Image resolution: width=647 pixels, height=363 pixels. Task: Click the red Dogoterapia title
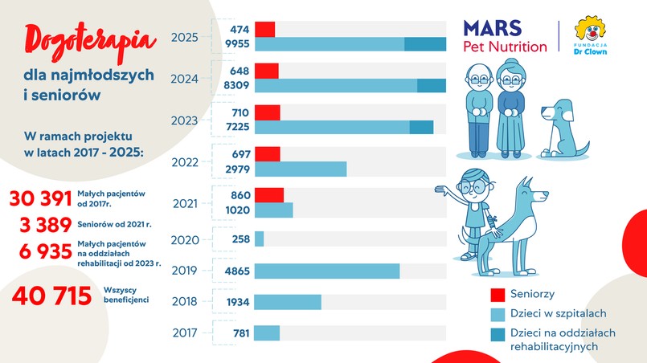[x=78, y=41]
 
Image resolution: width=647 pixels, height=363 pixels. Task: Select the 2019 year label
[x=186, y=271]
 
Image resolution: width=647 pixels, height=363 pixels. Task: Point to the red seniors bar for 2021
[x=269, y=195]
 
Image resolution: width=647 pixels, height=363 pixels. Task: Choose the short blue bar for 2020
[x=259, y=239]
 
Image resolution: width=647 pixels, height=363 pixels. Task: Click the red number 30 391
[x=51, y=198]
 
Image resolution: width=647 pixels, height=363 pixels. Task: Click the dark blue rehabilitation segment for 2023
[x=421, y=127]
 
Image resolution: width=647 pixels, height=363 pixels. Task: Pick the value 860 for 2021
[x=240, y=195]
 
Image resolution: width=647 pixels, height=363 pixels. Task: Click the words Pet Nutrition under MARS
[x=506, y=47]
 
